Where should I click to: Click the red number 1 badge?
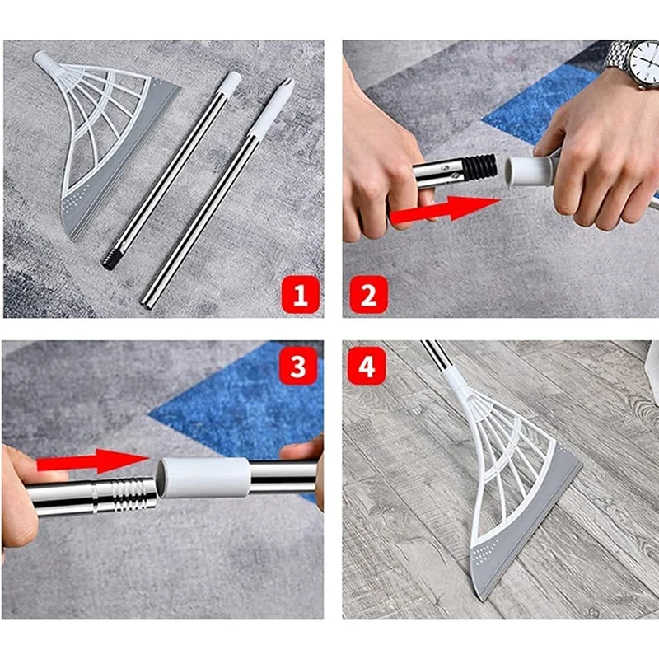pyautogui.click(x=300, y=293)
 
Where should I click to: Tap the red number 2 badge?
pyautogui.click(x=367, y=293)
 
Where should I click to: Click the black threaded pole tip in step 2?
pyautogui.click(x=477, y=168)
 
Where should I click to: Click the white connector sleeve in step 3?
pyautogui.click(x=204, y=477)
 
